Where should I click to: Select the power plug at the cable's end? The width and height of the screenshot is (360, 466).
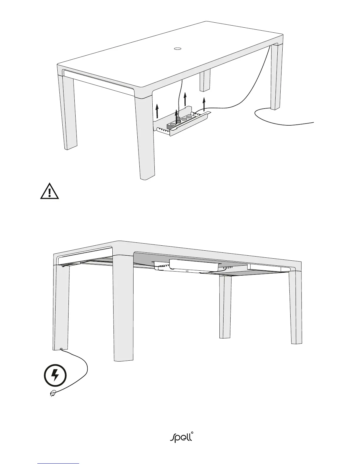click(x=53, y=393)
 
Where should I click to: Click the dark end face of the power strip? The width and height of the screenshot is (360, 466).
click(x=170, y=126)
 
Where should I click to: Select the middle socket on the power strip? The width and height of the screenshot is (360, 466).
click(x=184, y=119)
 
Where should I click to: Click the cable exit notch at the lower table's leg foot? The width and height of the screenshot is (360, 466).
click(x=61, y=349)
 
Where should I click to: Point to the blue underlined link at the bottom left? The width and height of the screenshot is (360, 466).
click(x=59, y=463)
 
